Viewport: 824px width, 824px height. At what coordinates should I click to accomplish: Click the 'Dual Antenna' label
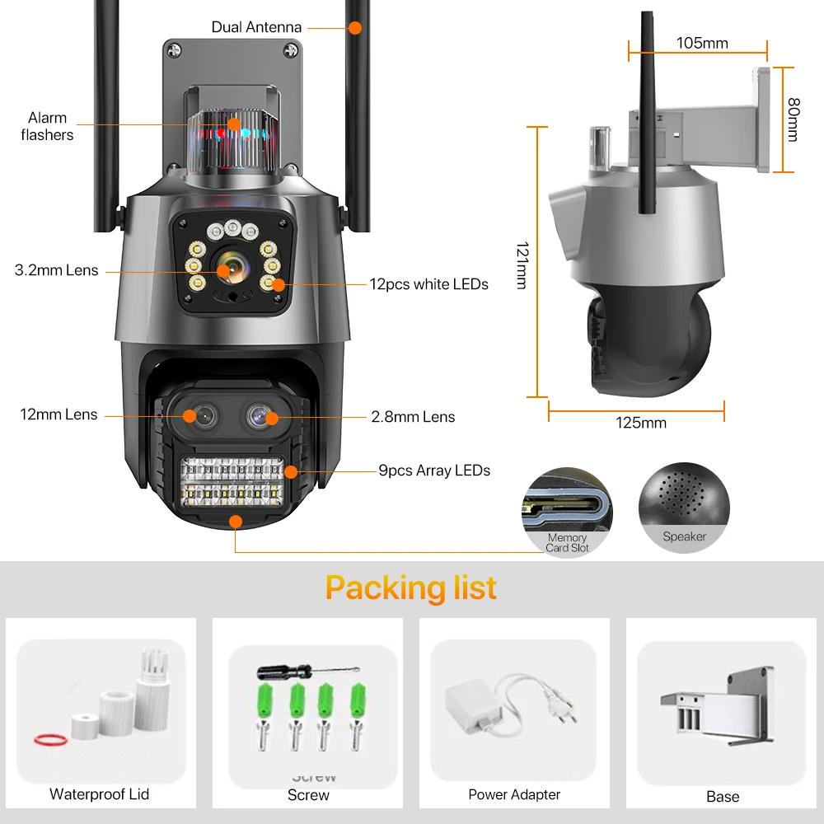click(256, 27)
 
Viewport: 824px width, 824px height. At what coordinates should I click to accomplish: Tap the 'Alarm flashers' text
click(47, 126)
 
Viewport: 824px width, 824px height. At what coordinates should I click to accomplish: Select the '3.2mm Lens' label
click(56, 270)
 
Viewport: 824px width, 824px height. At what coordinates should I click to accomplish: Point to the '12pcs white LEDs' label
click(428, 284)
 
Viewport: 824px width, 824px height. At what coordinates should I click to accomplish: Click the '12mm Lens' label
click(59, 414)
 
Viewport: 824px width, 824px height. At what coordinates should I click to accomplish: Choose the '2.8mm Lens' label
click(413, 417)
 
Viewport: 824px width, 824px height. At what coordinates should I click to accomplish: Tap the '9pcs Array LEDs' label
click(434, 471)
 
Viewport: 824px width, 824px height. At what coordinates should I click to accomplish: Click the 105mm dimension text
click(702, 43)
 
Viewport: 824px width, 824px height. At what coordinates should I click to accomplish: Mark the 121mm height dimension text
click(522, 265)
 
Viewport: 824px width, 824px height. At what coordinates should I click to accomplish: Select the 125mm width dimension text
click(641, 423)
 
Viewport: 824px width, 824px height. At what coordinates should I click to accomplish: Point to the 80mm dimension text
click(793, 119)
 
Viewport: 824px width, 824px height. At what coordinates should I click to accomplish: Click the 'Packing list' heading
click(411, 588)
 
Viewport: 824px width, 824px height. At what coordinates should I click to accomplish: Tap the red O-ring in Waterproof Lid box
click(50, 740)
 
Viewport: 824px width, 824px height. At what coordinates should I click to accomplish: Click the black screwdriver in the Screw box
click(308, 671)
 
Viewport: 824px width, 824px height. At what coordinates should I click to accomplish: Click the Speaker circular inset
click(684, 508)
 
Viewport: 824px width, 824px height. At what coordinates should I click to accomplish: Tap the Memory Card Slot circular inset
click(567, 512)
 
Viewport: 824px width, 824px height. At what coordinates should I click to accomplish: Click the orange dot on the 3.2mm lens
click(224, 271)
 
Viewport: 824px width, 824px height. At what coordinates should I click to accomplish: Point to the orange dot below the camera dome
click(236, 522)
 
